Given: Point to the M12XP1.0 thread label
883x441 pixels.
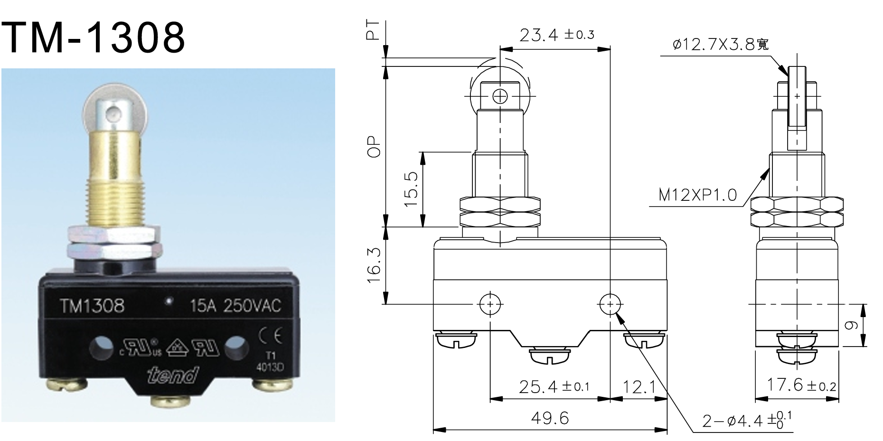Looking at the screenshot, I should click(x=697, y=195).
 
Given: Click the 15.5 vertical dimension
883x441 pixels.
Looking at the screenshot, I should click(x=411, y=188).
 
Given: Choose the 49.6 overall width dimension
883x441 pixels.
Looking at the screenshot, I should click(x=550, y=418).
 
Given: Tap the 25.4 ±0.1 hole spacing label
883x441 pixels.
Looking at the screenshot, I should click(x=554, y=387).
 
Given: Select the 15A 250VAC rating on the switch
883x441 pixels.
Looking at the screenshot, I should click(x=235, y=305).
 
